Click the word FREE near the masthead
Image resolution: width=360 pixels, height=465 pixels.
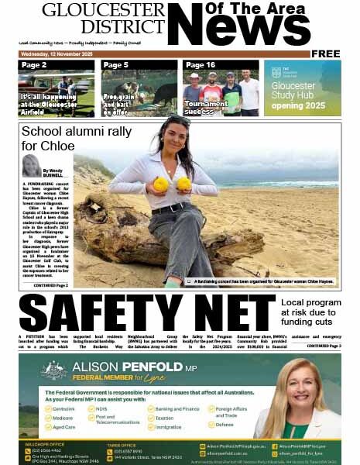click(x=326, y=53)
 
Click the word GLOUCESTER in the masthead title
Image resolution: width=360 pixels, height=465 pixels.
click(x=103, y=10)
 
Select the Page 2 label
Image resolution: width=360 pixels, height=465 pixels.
click(x=34, y=65)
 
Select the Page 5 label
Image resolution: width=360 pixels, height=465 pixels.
click(x=115, y=65)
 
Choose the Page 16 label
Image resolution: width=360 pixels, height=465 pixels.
click(x=200, y=65)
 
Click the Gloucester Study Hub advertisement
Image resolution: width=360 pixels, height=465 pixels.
click(x=302, y=88)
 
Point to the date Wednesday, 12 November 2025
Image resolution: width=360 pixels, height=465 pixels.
click(x=57, y=54)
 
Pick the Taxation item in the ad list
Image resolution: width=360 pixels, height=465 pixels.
click(x=169, y=417)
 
